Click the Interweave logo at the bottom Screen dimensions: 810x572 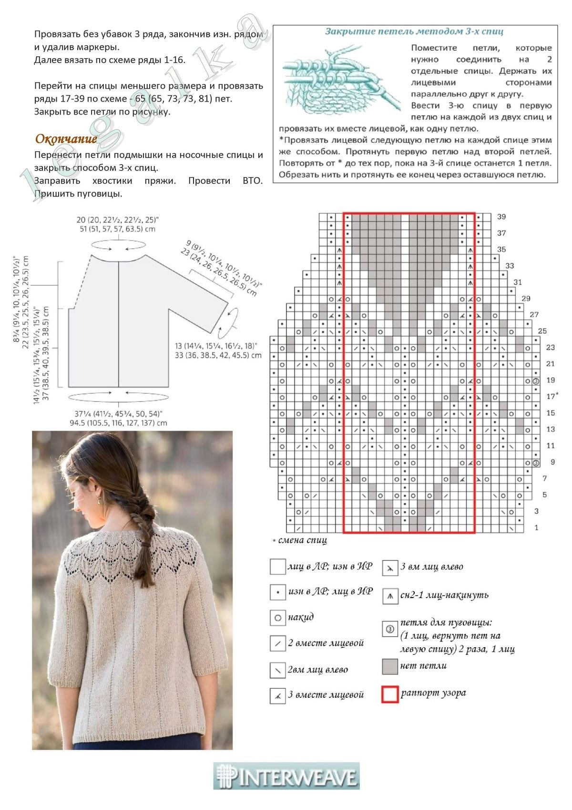[286, 776]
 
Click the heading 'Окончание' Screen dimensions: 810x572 [66, 139]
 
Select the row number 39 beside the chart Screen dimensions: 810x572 [501, 217]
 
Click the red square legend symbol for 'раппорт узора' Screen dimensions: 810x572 [390, 694]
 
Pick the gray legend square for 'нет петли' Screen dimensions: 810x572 [390, 667]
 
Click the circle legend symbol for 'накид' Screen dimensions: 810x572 [277, 618]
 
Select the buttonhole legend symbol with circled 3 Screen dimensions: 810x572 [390, 630]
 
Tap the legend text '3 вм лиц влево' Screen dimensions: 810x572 [432, 567]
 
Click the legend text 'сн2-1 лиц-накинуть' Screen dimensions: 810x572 [444, 595]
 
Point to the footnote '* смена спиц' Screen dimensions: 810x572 [300, 541]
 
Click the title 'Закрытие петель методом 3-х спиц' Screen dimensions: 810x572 [414, 32]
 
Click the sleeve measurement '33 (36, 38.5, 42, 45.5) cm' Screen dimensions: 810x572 [218, 355]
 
